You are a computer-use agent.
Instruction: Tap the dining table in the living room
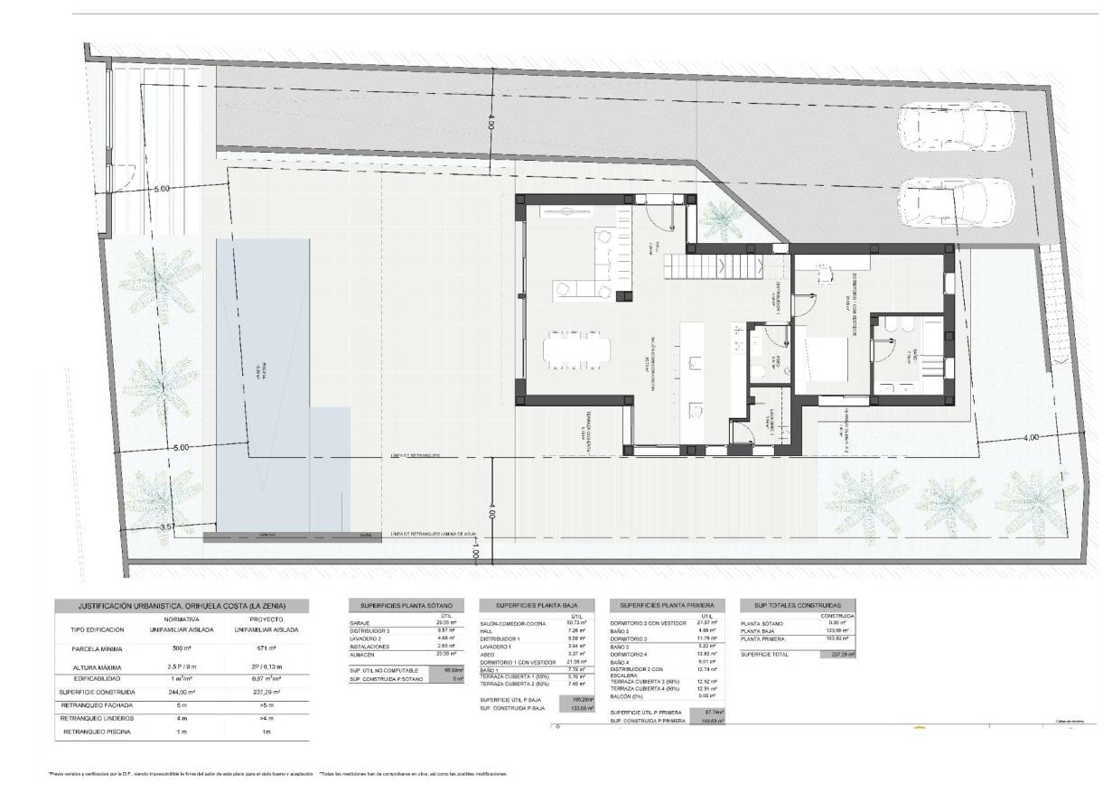tap(575, 348)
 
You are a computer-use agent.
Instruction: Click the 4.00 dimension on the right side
tap(1031, 437)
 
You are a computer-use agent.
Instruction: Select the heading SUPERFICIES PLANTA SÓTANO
tap(407, 605)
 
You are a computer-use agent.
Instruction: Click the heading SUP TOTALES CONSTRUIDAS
tap(796, 605)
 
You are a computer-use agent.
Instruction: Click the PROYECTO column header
tap(265, 619)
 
